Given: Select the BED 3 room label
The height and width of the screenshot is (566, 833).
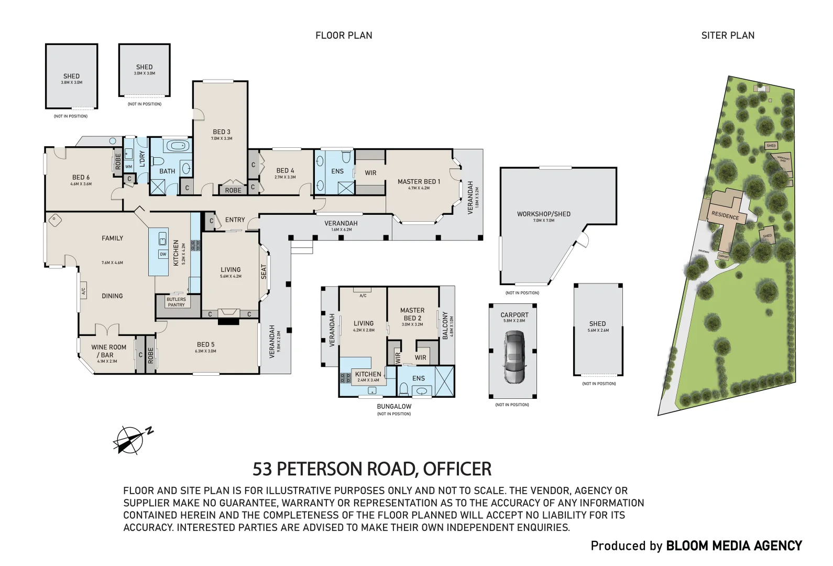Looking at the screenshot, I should tap(221, 132).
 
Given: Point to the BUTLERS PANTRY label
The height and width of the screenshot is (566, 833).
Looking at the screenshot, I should tap(176, 302).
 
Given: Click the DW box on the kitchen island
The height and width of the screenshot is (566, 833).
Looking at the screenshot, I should tap(163, 254).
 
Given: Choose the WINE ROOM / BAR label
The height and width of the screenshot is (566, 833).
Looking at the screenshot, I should tap(108, 351).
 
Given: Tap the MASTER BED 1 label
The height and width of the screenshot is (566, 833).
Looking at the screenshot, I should tap(419, 181).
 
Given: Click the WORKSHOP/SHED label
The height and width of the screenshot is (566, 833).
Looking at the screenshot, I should tap(543, 214).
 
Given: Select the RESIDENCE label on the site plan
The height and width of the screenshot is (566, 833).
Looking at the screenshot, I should tap(725, 216).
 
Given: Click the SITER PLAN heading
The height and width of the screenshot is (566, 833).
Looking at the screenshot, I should tap(728, 36).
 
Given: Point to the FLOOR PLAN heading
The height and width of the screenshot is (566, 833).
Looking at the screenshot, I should tap(344, 36).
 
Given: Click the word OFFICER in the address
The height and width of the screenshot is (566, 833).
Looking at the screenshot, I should tap(457, 469).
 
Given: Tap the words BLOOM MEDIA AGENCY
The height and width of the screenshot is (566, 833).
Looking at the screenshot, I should tap(733, 546).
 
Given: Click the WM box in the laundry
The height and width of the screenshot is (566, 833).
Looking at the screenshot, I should tap(129, 167).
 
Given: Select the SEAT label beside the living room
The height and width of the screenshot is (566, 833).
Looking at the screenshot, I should tap(264, 271).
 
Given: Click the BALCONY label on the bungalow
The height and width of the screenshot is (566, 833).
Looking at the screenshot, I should tap(445, 325).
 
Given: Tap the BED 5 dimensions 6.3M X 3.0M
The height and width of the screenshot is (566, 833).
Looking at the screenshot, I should tap(205, 351).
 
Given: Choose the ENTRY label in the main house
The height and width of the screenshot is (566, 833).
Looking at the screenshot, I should tap(235, 220).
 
